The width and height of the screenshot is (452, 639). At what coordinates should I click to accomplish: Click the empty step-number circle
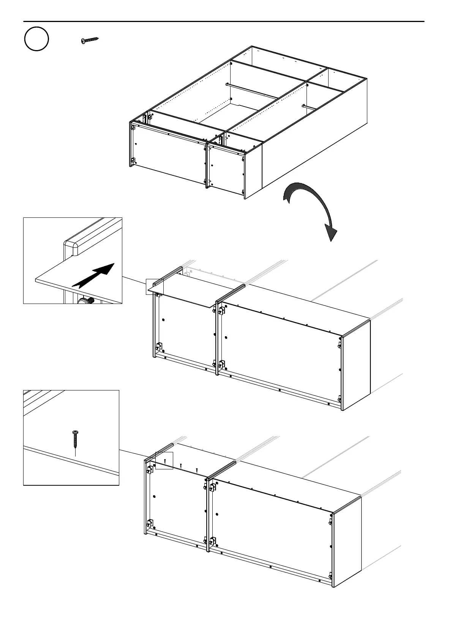click(x=36, y=39)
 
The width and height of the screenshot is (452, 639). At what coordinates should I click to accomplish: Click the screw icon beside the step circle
click(x=90, y=40)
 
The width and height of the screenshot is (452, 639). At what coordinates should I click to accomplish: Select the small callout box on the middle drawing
click(x=155, y=286)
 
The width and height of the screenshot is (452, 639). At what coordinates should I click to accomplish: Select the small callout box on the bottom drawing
click(x=164, y=460)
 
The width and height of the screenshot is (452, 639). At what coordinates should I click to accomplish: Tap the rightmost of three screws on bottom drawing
click(x=197, y=470)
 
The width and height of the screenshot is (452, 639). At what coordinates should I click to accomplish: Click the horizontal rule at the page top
click(x=224, y=22)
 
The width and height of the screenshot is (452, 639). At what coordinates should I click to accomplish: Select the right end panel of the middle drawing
click(x=356, y=364)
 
